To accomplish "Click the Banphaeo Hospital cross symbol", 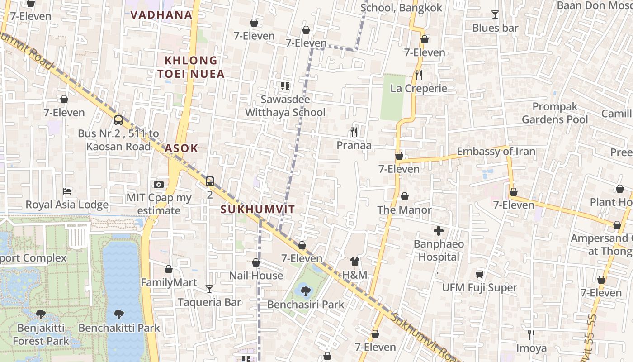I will click(x=438, y=231).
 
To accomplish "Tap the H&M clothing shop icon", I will click(x=355, y=262).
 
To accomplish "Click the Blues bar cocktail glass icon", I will click(x=495, y=14).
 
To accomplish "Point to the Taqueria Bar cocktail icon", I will click(x=209, y=289).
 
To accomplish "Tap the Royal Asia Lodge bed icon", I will click(x=67, y=191).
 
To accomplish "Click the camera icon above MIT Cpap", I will click(x=158, y=184).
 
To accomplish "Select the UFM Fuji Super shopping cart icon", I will click(x=479, y=275).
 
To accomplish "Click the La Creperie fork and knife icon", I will click(x=419, y=75).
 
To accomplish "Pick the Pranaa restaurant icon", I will click(x=354, y=132).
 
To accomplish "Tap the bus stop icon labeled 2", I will click(x=209, y=181).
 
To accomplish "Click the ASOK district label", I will click(x=181, y=148).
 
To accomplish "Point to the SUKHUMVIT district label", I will click(x=258, y=210).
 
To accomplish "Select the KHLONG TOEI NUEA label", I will click(x=191, y=67).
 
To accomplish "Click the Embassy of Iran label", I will click(x=496, y=152).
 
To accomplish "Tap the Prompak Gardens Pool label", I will click(x=555, y=113).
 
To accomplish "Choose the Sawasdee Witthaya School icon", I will click(x=285, y=86).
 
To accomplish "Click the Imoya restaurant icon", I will click(x=531, y=335).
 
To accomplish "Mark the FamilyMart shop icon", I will click(x=169, y=269).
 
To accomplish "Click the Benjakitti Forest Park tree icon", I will click(x=41, y=314).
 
